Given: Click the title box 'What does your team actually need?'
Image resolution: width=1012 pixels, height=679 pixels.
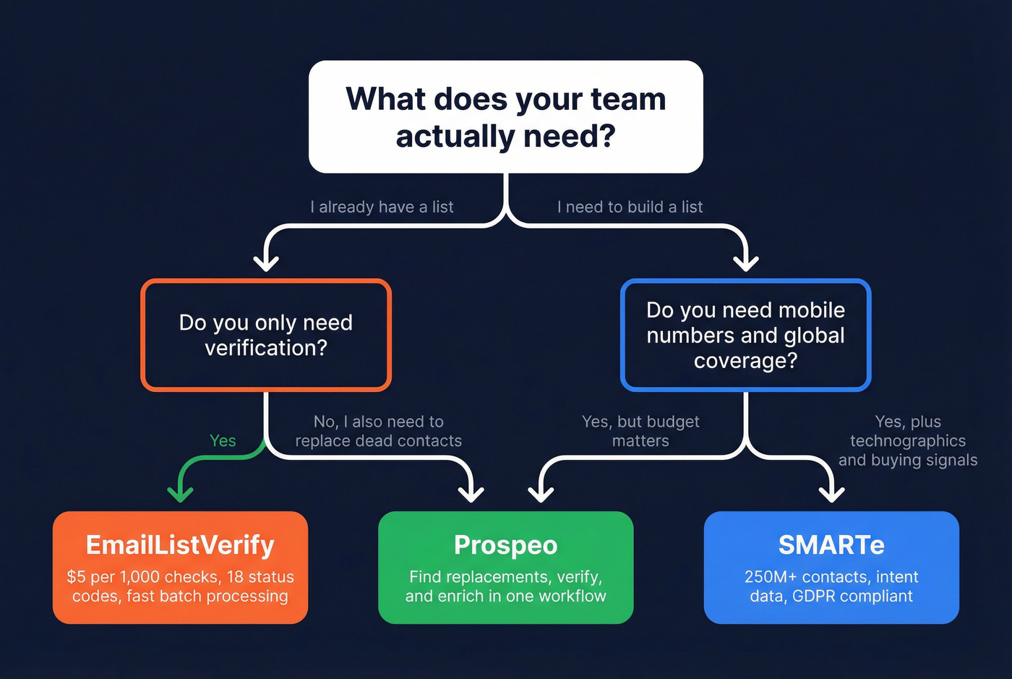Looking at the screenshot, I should point(505,117).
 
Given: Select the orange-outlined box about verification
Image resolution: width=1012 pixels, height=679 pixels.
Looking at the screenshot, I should point(266,335).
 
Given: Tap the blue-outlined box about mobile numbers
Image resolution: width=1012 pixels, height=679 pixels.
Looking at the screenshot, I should point(745,335).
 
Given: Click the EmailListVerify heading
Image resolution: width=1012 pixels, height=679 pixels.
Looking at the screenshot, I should point(180,545).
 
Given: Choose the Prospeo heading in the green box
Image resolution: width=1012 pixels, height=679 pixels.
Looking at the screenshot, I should point(505,545).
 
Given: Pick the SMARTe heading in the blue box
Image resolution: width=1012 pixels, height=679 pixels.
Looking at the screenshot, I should point(831,545).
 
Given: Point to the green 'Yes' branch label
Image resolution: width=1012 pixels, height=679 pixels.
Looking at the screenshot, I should point(223,440).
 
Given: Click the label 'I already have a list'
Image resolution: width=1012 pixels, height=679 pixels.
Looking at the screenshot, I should point(382,207).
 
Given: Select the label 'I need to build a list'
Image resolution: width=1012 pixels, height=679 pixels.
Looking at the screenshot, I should point(630,207).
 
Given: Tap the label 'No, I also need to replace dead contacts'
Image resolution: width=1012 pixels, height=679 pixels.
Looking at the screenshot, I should point(378,431).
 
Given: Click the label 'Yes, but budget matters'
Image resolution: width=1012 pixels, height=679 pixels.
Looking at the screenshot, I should point(640,431).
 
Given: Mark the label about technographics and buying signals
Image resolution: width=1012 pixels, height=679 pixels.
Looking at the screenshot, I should point(908,440).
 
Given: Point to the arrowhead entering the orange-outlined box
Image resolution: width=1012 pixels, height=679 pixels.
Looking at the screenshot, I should point(266,262).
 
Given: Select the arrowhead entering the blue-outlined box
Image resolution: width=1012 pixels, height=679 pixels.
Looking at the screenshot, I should point(745,262).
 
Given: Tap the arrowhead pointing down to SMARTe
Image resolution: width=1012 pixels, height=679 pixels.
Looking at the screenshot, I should point(831,494).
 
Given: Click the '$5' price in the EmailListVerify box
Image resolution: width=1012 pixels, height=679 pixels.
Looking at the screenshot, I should point(76,577).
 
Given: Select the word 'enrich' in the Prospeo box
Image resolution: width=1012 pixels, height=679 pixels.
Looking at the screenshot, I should point(479,597).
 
